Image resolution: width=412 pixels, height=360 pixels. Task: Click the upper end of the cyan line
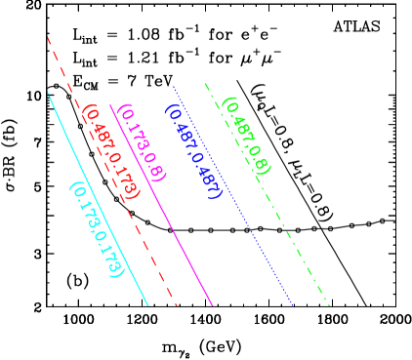point(48,93)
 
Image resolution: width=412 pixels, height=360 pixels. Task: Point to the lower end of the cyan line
point(148,305)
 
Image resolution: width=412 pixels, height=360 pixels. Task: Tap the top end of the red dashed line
point(48,37)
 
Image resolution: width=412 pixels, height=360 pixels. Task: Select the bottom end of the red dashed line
point(177,305)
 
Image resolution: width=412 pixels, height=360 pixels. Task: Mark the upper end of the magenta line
point(110,104)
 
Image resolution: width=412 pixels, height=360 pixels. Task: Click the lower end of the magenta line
point(212,305)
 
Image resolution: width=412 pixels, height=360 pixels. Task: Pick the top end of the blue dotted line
point(174,86)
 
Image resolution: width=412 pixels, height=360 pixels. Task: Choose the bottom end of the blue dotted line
point(293,305)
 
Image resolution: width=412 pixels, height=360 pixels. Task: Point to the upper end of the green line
point(205,83)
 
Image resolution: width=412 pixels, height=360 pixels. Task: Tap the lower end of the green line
point(329,305)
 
